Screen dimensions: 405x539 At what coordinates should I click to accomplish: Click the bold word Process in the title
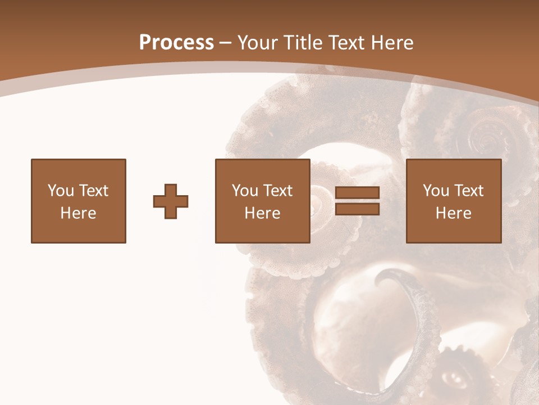(x=176, y=43)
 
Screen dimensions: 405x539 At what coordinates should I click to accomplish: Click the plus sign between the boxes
(x=171, y=201)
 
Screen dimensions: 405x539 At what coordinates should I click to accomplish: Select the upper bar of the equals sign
(x=357, y=193)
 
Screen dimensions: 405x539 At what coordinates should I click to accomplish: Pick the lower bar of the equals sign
(x=357, y=209)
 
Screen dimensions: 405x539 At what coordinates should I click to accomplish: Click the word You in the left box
(x=60, y=191)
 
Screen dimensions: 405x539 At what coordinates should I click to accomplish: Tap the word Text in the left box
(x=93, y=191)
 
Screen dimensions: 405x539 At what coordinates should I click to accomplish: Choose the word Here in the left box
(x=78, y=213)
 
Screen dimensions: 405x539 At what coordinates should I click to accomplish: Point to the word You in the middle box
(x=245, y=191)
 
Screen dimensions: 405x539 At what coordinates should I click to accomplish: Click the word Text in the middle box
(x=277, y=191)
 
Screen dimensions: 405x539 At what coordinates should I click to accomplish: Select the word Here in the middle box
(x=262, y=213)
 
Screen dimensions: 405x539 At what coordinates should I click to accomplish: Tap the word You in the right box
(x=436, y=191)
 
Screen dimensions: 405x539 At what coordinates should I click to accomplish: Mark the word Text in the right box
(x=468, y=191)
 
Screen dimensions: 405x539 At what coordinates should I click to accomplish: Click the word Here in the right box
(x=453, y=213)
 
